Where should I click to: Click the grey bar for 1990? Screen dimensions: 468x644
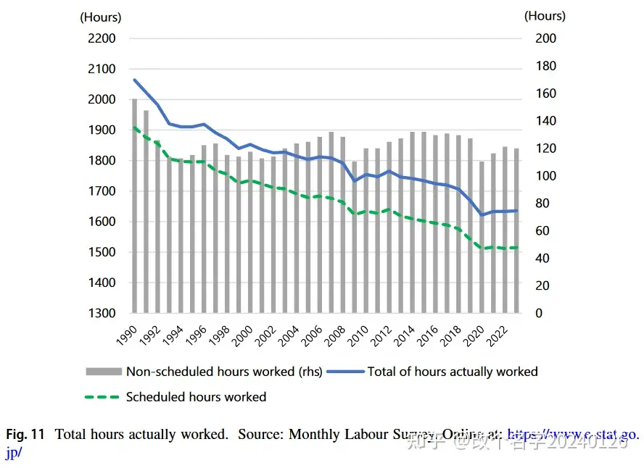pos(134,206)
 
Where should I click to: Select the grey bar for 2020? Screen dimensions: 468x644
pos(482,237)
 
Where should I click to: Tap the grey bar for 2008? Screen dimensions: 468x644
pos(343,225)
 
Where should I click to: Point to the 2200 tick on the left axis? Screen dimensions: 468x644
pos(102,38)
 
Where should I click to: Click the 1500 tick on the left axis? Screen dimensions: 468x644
pos(102,252)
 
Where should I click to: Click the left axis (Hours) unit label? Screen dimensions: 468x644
pos(100,17)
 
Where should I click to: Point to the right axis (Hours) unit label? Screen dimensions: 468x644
pos(545,15)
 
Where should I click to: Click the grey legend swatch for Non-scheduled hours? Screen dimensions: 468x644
pos(103,372)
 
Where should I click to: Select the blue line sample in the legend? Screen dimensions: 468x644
pos(344,372)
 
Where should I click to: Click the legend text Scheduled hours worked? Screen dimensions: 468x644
pos(196,397)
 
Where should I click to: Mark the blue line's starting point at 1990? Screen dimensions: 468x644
pos(134,80)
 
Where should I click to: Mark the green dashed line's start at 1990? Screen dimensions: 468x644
pos(134,128)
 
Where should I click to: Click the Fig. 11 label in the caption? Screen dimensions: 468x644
pos(25,435)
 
